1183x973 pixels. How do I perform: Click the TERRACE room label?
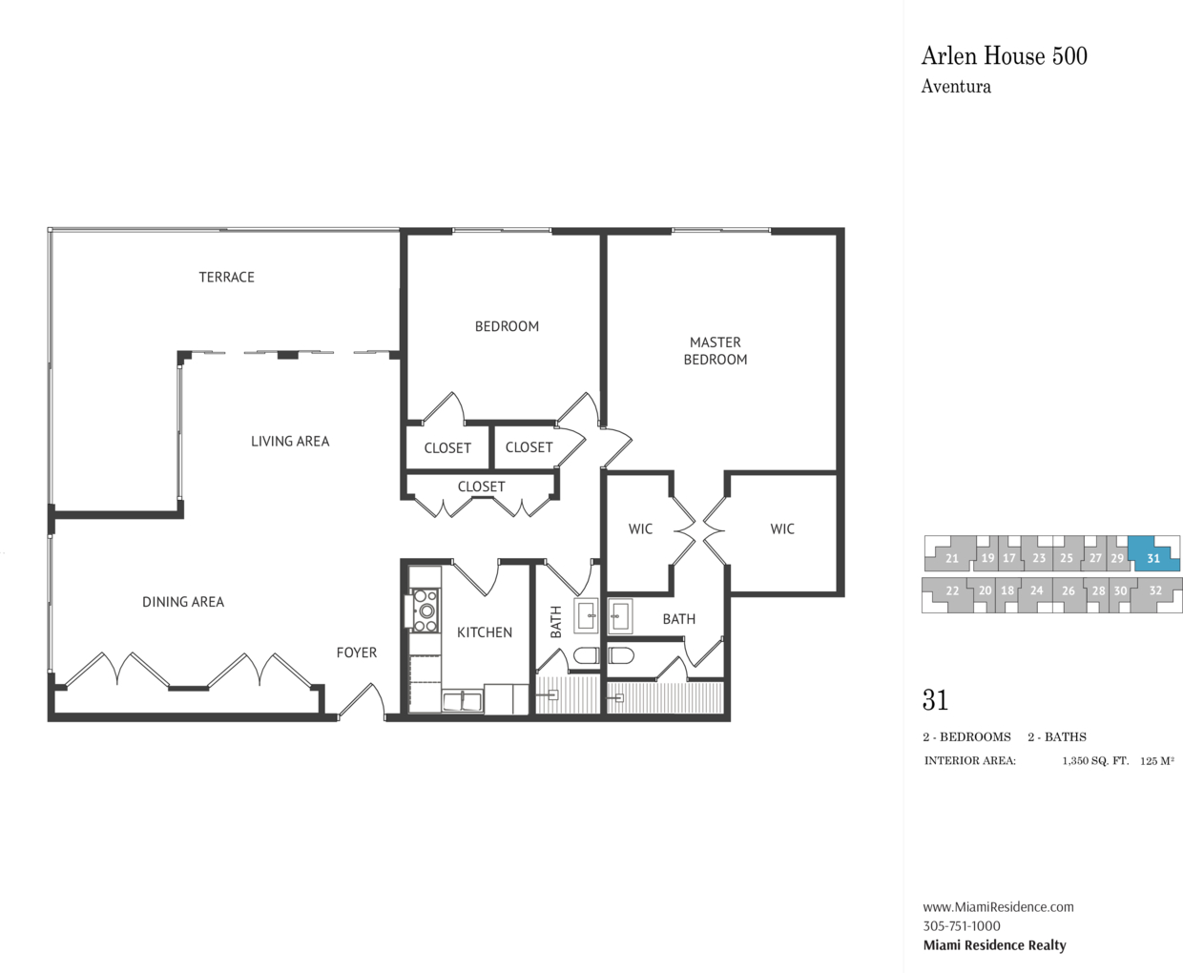click(227, 277)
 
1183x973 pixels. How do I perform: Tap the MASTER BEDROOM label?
click(716, 350)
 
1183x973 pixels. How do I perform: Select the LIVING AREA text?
click(290, 442)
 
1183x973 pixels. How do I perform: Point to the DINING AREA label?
click(183, 602)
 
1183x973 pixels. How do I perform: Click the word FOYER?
click(357, 652)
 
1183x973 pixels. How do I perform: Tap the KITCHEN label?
click(485, 632)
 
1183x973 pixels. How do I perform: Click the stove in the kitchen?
click(425, 611)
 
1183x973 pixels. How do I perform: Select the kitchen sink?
click(462, 701)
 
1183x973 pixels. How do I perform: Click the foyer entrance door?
click(362, 701)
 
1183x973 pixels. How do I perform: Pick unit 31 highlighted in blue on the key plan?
click(1153, 557)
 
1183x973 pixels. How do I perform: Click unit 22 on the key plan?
click(952, 590)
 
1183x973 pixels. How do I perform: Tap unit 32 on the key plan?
click(1155, 590)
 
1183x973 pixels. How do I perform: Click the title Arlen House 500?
click(1004, 56)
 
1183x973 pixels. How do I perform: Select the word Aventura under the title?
click(956, 87)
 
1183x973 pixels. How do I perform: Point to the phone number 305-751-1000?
click(962, 926)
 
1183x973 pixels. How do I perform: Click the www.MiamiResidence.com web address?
click(999, 907)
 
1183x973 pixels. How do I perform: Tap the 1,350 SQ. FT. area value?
click(1095, 761)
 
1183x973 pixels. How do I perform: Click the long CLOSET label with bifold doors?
click(481, 486)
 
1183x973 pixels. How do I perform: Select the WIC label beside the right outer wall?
click(782, 528)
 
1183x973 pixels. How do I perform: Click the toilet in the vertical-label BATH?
click(588, 654)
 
